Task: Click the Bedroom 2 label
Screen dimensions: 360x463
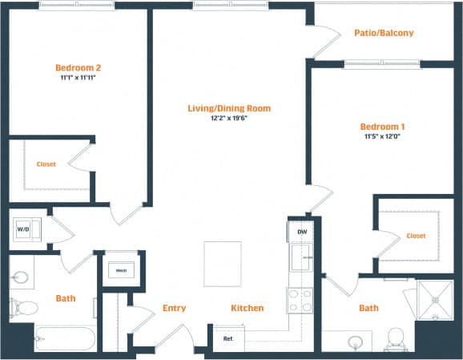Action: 78,67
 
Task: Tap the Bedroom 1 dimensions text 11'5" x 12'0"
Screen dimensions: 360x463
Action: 380,136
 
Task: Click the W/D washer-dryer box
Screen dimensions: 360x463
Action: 22,229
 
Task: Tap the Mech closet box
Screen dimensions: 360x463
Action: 123,269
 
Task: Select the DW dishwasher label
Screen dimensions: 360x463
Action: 302,232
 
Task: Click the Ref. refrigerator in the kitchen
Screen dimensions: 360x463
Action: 227,338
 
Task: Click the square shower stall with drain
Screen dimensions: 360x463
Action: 436,300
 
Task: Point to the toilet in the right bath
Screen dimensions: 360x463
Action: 394,339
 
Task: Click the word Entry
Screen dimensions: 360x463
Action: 175,308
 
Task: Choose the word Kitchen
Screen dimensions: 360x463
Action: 248,308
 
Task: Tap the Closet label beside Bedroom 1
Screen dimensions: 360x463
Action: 416,236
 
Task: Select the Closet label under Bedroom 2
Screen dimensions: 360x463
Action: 46,164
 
